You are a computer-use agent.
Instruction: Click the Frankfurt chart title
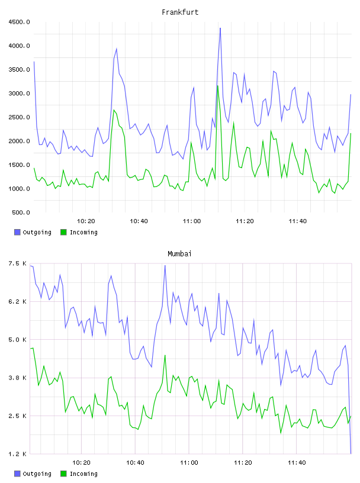[180, 12]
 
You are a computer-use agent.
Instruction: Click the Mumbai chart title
[179, 254]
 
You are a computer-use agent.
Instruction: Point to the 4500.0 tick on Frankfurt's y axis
[19, 22]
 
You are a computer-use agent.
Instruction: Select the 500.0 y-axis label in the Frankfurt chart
[21, 212]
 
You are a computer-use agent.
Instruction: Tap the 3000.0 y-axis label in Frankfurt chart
[19, 94]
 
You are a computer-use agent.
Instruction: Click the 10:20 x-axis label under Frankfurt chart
[86, 221]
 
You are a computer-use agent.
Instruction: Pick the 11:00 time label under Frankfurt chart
[192, 221]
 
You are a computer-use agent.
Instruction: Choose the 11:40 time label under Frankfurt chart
[298, 221]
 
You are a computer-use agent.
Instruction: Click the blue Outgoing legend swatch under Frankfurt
[17, 232]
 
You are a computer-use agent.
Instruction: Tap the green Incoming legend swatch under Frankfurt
[63, 232]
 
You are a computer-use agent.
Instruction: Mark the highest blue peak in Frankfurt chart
[220, 28]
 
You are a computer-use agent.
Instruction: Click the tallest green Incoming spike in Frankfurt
[218, 86]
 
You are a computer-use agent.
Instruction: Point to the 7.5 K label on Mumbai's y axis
[17, 263]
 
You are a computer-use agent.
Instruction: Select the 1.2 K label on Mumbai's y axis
[17, 454]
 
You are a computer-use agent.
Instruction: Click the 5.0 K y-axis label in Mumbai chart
[17, 339]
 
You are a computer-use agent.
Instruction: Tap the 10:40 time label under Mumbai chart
[135, 463]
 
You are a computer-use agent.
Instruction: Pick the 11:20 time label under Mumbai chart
[243, 463]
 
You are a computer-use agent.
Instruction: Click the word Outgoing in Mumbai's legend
[37, 474]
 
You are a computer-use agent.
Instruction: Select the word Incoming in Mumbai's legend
[83, 474]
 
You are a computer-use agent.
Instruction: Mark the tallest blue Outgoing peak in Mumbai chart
[165, 265]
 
